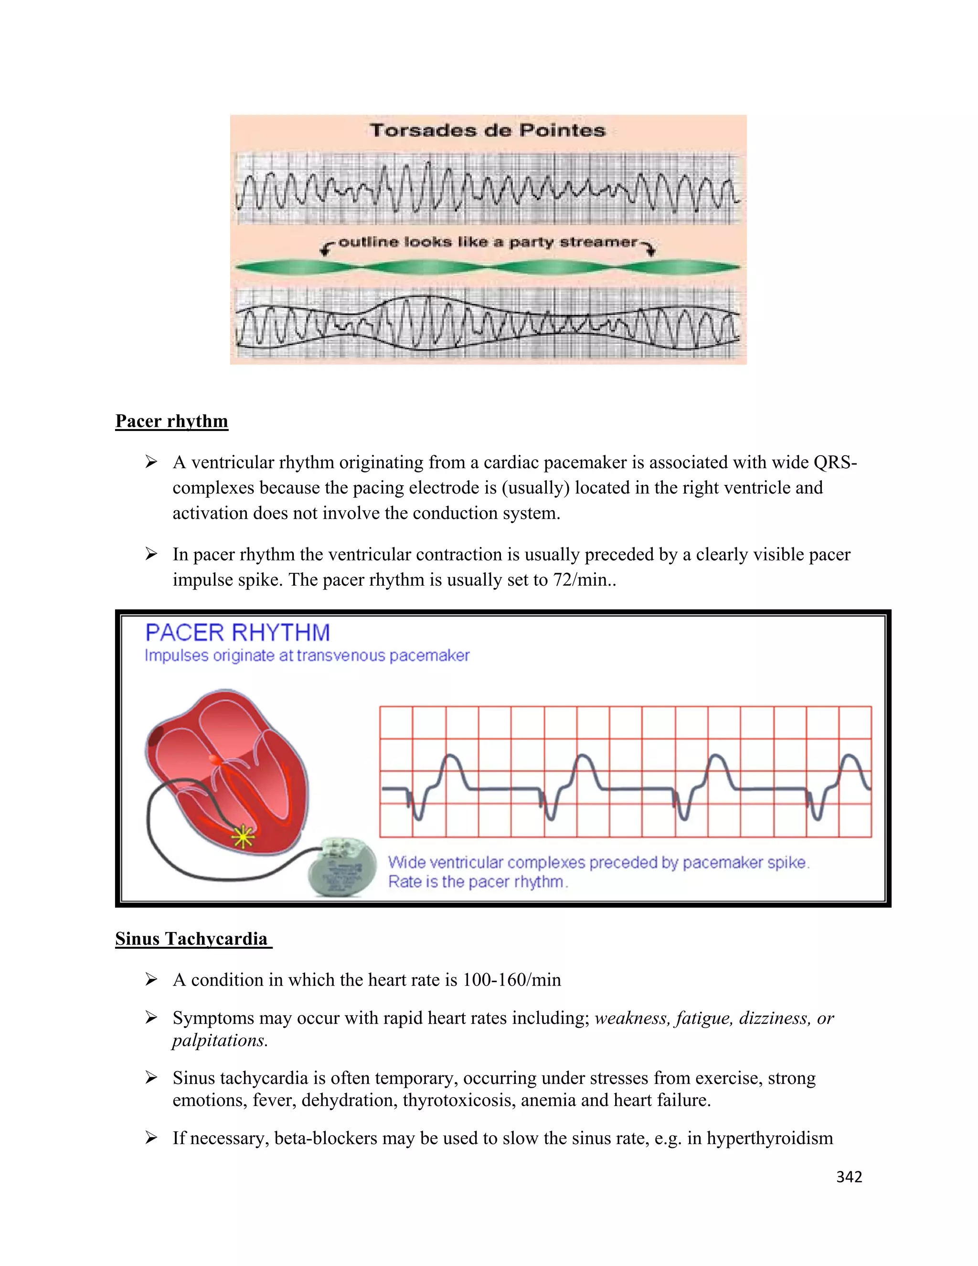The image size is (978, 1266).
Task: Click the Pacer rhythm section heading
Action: (x=171, y=421)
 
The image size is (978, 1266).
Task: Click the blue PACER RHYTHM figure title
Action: (x=237, y=633)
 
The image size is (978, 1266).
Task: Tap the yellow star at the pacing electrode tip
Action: (x=243, y=836)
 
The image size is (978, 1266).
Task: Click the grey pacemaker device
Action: (x=335, y=868)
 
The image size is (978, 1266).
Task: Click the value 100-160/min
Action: (x=511, y=980)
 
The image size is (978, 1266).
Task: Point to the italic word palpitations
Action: (x=220, y=1040)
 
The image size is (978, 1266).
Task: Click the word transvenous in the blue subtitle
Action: (x=340, y=655)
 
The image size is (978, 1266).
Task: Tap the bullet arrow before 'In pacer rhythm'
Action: (x=151, y=554)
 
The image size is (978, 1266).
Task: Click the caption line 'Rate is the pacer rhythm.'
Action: (x=478, y=882)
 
